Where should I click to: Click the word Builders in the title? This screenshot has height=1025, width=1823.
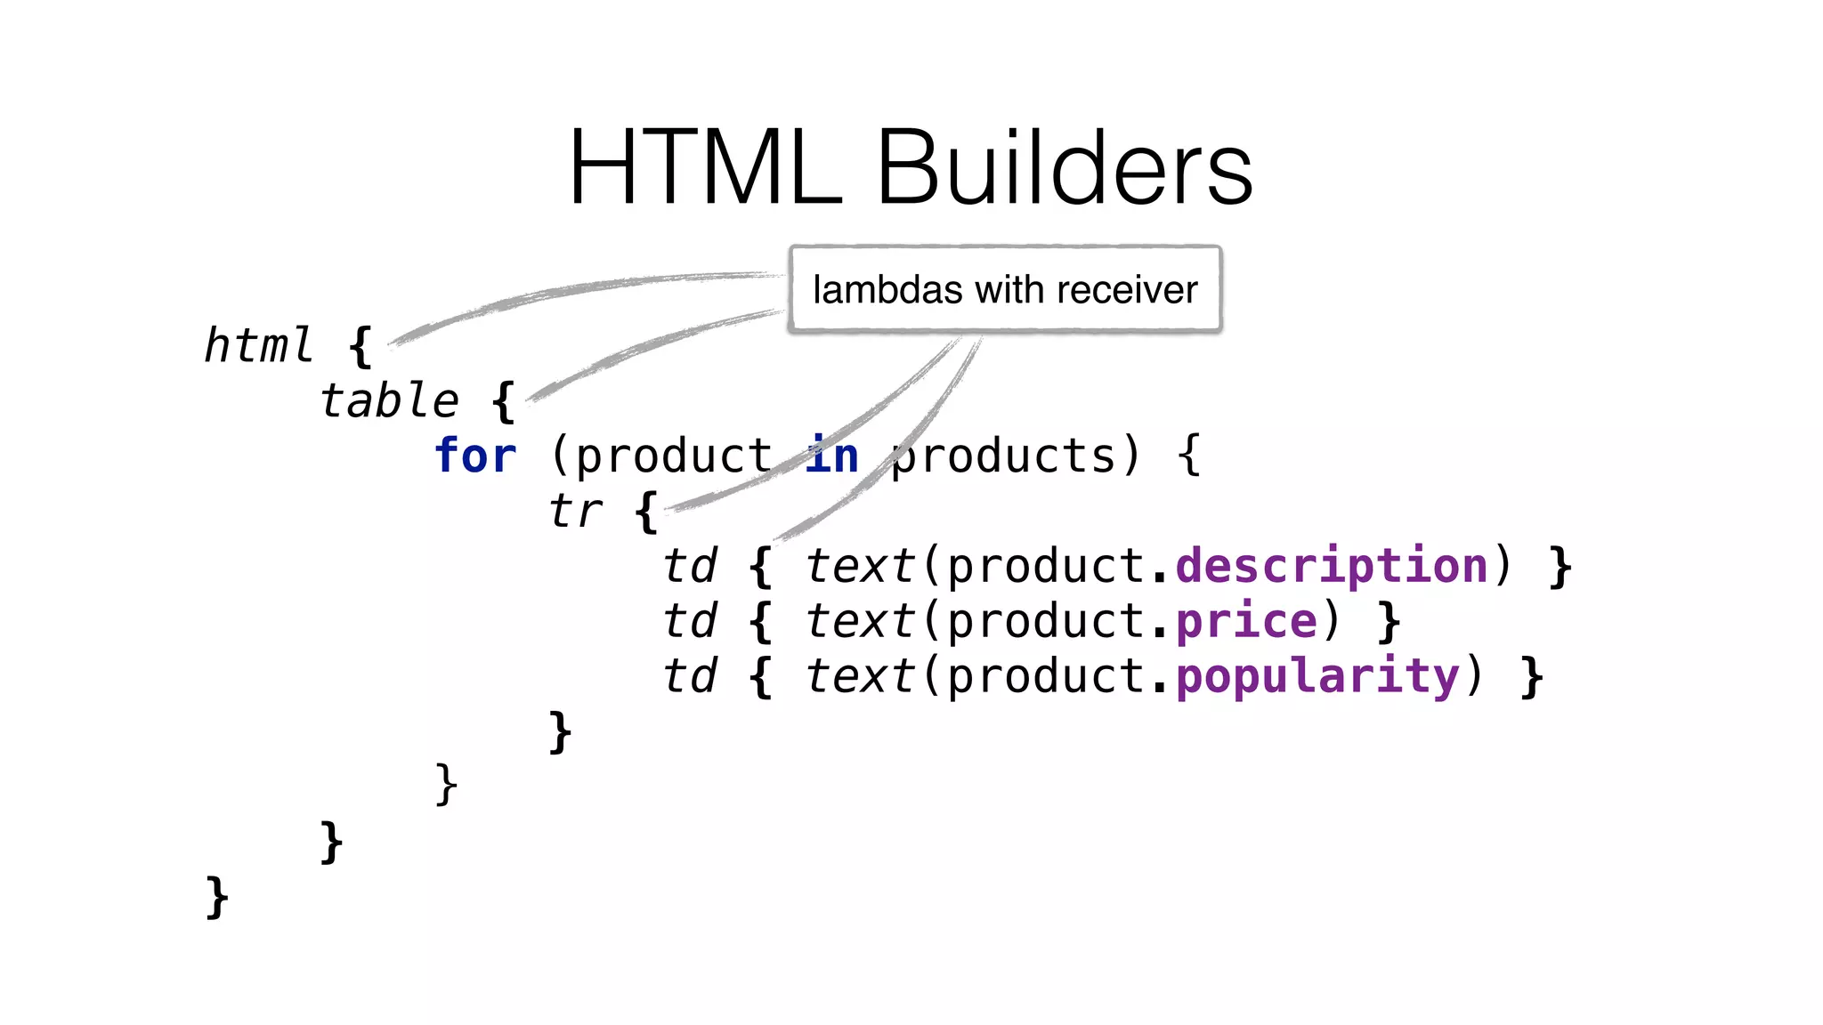1065,167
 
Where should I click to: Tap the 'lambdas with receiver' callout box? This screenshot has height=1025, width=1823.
1005,289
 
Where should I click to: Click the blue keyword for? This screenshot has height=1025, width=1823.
475,456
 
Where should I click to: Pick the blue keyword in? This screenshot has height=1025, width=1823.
833,456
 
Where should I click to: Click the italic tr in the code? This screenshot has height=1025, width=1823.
575,511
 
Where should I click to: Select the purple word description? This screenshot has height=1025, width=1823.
1332,566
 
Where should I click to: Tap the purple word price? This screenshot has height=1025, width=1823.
1246,621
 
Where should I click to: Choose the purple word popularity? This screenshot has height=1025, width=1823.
1317,676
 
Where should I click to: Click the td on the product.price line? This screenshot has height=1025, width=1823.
690,621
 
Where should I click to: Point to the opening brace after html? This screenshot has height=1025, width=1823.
361,346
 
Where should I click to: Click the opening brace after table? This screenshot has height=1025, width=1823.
504,401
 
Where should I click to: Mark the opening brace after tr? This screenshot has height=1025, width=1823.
647,512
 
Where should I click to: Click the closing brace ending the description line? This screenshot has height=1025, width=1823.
1560,568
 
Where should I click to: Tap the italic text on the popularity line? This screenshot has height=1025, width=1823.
859,676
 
